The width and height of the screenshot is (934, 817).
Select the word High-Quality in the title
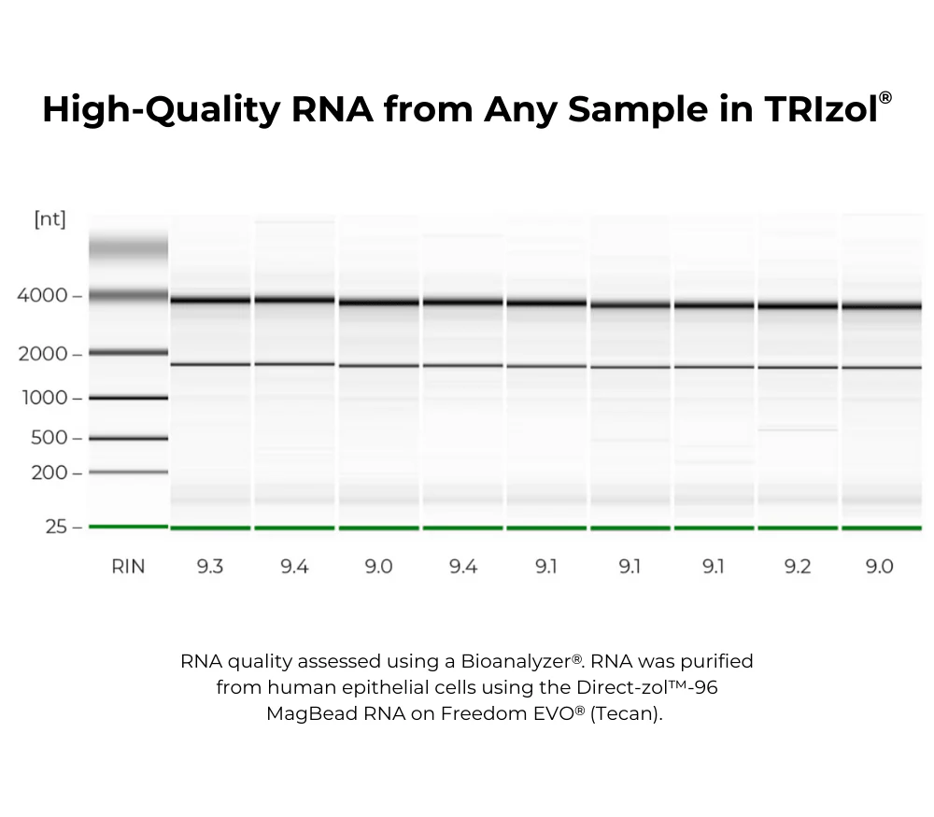(x=160, y=110)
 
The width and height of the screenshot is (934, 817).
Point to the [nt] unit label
(x=50, y=219)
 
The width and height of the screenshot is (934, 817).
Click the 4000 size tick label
(x=42, y=296)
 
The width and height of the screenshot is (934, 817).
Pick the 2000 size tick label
(x=42, y=354)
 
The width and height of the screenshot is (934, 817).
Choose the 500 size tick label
(x=49, y=438)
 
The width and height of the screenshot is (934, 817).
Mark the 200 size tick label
(x=49, y=472)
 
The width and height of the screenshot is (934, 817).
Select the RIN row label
(x=128, y=567)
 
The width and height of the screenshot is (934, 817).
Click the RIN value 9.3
(x=209, y=567)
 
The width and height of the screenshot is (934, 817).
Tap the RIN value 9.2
(x=797, y=567)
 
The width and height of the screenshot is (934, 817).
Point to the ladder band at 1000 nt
(x=128, y=398)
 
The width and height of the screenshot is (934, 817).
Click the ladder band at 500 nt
(x=128, y=438)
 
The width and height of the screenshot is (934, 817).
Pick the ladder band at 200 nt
(x=128, y=472)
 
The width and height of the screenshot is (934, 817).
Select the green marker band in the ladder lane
(x=128, y=527)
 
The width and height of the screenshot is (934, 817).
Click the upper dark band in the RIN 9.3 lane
(x=210, y=300)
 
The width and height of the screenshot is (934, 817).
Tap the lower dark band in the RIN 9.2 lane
(x=798, y=367)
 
